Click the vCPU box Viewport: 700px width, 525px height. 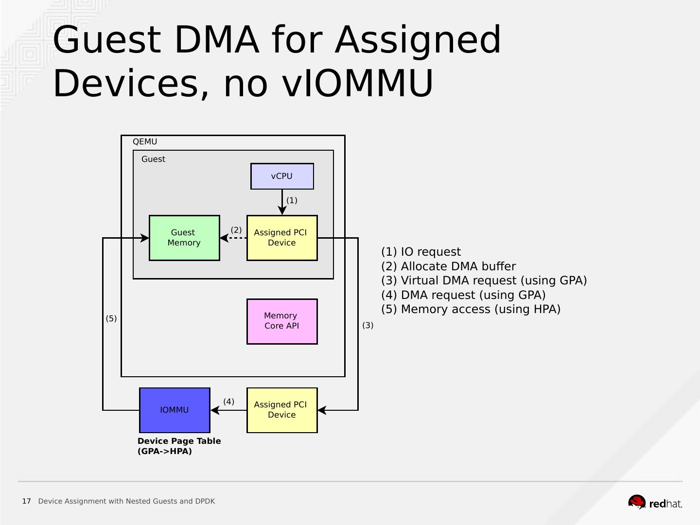pyautogui.click(x=282, y=176)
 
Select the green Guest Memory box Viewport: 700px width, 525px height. pyautogui.click(x=184, y=238)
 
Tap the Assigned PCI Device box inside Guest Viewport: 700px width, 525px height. pyautogui.click(x=282, y=238)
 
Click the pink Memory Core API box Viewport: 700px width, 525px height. pyautogui.click(x=282, y=321)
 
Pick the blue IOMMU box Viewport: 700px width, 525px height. pyautogui.click(x=175, y=410)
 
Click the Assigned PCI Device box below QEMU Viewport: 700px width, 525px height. pyautogui.click(x=282, y=410)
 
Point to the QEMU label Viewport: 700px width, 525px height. pyautogui.click(x=145, y=141)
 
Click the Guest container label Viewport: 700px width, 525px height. pyautogui.click(x=153, y=159)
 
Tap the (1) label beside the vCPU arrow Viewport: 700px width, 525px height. pyautogui.click(x=292, y=200)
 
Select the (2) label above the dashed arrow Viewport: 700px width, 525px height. pyautogui.click(x=236, y=230)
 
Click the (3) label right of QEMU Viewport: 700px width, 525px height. pyautogui.click(x=367, y=325)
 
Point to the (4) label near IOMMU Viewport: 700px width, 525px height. pyautogui.click(x=228, y=402)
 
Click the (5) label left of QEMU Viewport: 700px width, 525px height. pyautogui.click(x=111, y=318)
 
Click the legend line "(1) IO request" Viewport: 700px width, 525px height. pyautogui.click(x=421, y=252)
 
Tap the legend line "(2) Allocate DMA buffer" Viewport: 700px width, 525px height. pyautogui.click(x=448, y=266)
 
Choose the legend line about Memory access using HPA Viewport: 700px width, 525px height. pyautogui.click(x=471, y=309)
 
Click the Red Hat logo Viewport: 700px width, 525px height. pyautogui.click(x=655, y=502)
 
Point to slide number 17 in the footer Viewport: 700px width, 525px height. pyautogui.click(x=26, y=501)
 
